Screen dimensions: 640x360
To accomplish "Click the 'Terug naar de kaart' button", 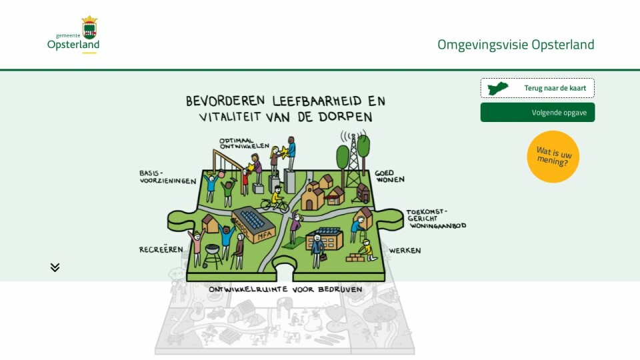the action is pos(537,88).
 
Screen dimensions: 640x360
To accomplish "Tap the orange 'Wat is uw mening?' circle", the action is pos(553,157).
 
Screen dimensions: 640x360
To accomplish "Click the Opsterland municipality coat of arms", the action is pos(89,27).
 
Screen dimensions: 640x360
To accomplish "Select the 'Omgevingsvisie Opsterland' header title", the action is pos(515,45).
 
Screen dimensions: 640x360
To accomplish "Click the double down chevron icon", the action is pos(55,267).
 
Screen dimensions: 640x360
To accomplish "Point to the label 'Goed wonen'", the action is pos(390,176).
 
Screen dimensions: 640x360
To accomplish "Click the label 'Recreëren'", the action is pos(161,249).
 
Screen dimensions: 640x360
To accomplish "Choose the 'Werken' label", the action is pos(405,250).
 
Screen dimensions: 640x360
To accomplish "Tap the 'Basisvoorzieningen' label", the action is pos(167,177).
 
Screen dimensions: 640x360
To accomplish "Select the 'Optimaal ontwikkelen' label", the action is pos(244,143).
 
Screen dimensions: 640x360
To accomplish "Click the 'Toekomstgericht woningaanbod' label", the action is pos(436,219).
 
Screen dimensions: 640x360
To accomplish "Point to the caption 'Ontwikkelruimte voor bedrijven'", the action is pos(285,289).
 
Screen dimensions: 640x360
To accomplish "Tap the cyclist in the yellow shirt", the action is pos(275,200).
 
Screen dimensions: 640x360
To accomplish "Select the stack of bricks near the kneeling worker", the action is pos(356,257).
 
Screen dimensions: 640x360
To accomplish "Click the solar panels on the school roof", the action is pos(253,219).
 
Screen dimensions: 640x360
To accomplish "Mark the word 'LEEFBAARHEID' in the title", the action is pos(311,101).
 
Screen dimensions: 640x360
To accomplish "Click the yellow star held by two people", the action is pos(283,152).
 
